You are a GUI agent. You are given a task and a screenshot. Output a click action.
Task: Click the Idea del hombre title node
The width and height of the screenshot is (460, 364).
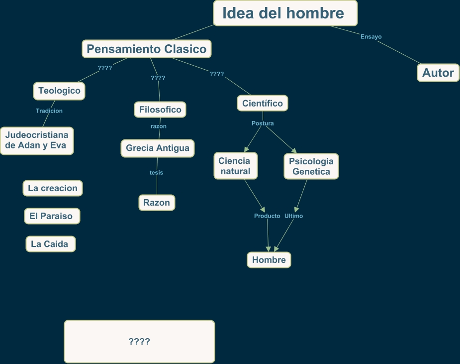coord(285,13)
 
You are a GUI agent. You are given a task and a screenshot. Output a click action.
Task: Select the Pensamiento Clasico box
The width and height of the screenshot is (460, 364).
coord(146,49)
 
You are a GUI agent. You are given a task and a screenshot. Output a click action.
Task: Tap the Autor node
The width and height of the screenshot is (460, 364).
coord(438,73)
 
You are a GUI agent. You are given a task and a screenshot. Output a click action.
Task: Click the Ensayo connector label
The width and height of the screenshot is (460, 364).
coord(371,36)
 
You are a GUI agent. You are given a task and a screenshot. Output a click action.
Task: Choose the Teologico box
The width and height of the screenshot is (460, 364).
coord(59,91)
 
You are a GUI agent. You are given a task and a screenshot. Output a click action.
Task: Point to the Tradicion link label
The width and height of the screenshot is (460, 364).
coord(49,111)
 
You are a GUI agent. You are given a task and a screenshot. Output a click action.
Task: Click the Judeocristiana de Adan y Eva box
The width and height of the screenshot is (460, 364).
coord(37,140)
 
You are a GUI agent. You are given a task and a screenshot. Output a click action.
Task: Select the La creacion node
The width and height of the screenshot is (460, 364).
coord(53,188)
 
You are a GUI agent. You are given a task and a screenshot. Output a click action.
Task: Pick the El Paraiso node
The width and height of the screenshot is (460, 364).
coord(51,216)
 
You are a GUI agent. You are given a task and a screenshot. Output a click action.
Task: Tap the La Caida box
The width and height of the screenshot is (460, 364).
coord(50,244)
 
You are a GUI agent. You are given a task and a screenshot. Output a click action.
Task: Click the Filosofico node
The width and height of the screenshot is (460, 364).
coord(160,109)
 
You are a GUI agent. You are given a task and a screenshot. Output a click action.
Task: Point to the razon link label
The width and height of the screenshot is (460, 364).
coord(159,126)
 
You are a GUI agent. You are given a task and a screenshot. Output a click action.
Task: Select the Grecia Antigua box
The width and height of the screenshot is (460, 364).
coord(158,148)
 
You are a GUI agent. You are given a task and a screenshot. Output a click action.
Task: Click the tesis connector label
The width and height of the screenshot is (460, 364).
coord(156,172)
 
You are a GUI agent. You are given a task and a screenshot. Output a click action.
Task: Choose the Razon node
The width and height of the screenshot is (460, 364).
coord(157,203)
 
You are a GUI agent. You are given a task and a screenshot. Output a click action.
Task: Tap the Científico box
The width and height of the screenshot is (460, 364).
coord(263,103)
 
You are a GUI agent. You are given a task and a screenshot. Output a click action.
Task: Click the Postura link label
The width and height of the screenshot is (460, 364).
coord(263,123)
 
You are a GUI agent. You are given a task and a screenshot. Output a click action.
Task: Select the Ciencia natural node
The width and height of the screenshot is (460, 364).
coord(234,166)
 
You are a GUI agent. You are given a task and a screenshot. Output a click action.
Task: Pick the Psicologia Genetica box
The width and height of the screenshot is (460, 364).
coord(311,166)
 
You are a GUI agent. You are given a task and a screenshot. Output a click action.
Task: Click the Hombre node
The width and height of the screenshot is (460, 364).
coord(269,260)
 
